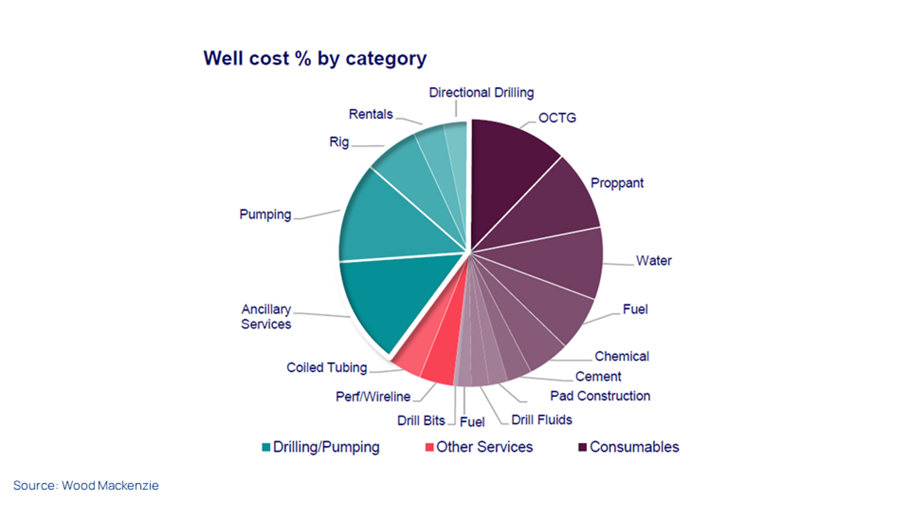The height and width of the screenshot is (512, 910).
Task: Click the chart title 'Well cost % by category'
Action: (315, 59)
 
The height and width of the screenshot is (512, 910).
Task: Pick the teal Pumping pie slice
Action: (389, 223)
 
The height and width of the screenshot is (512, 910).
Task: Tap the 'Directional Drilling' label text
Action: (481, 93)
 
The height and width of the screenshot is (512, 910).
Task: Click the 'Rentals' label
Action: (371, 114)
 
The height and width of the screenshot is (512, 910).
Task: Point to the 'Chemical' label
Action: (621, 356)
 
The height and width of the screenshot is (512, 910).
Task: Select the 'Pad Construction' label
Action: (600, 396)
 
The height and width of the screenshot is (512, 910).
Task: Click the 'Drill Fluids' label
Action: (541, 420)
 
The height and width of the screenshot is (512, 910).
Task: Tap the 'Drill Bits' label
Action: (421, 420)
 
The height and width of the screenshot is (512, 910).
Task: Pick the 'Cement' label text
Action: (598, 376)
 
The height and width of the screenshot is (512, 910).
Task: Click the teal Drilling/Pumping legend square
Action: (266, 447)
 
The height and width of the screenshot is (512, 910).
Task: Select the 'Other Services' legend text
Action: (484, 447)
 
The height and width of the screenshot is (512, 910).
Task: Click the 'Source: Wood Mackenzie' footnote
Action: (86, 486)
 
